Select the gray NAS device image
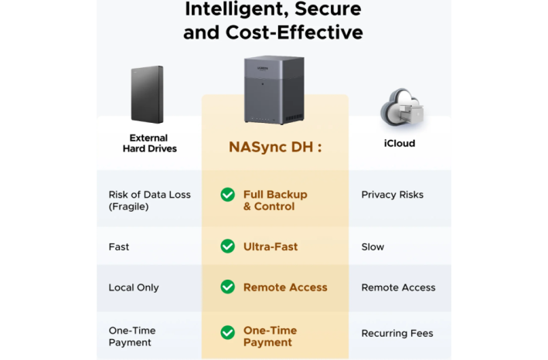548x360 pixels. [274, 90]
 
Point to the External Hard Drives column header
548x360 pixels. [149, 143]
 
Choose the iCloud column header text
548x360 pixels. [400, 144]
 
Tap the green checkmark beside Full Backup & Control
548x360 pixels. [227, 195]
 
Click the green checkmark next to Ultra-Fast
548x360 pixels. [227, 246]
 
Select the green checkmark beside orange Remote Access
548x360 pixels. [227, 287]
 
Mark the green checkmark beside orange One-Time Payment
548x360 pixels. [227, 333]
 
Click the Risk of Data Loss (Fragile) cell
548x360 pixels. [149, 201]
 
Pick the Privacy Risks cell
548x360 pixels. [392, 195]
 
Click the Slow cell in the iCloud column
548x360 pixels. [373, 247]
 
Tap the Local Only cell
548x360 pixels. [134, 287]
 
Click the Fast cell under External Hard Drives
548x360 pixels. [119, 247]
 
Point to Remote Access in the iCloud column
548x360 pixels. [398, 287]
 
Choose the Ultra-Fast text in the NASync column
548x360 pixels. [271, 247]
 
